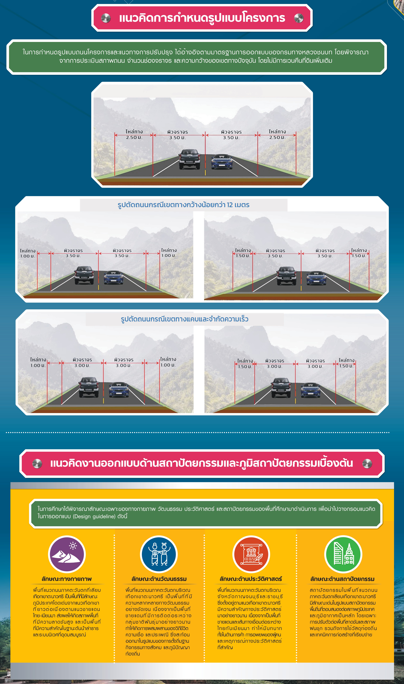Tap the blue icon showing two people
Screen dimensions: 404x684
click(159, 554)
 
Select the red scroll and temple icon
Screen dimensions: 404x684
click(251, 554)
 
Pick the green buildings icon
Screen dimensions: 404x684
click(343, 554)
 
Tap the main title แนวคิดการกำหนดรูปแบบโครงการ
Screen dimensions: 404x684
click(202, 18)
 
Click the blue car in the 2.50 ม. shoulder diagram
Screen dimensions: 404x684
click(222, 161)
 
